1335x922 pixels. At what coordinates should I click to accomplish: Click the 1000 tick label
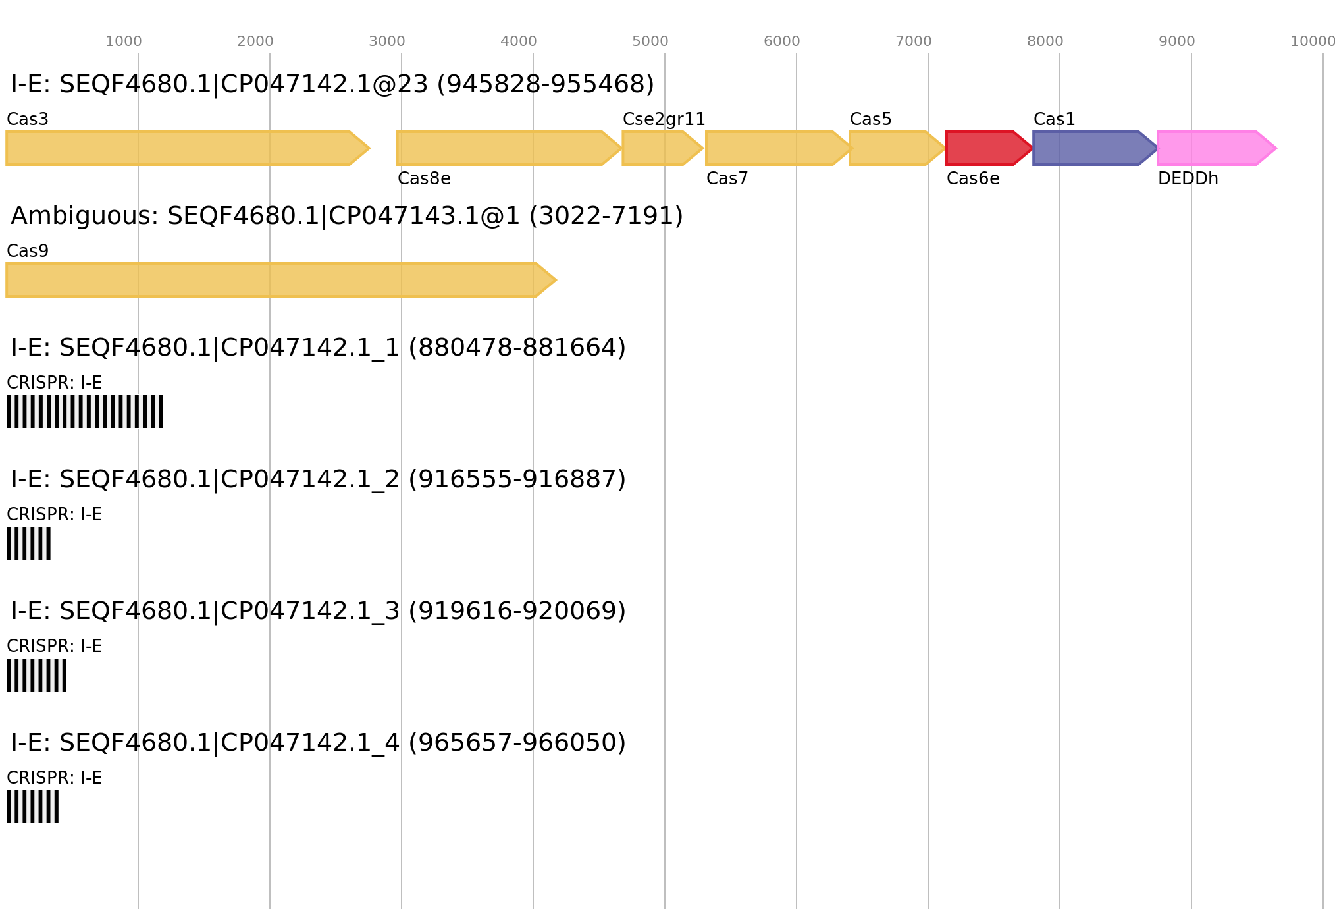pyautogui.click(x=123, y=41)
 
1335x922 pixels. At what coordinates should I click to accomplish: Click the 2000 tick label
pyautogui.click(x=255, y=41)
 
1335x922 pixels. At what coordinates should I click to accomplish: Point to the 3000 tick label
pyautogui.click(x=386, y=41)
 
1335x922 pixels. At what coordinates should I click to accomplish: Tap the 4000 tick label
pyautogui.click(x=518, y=41)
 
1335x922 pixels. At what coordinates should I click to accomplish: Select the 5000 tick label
pyautogui.click(x=650, y=41)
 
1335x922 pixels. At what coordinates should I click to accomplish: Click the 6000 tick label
pyautogui.click(x=781, y=41)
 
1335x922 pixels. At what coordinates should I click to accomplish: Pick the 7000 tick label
pyautogui.click(x=913, y=41)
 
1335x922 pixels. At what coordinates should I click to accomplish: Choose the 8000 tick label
pyautogui.click(x=1045, y=41)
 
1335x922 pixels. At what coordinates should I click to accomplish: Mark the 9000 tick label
pyautogui.click(x=1176, y=41)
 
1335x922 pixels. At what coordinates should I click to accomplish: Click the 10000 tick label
pyautogui.click(x=1312, y=41)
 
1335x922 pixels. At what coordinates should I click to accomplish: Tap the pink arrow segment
pyautogui.click(x=1211, y=148)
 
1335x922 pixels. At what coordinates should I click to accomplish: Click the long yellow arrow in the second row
pyautogui.click(x=276, y=280)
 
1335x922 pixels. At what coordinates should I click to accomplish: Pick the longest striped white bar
pyautogui.click(x=85, y=412)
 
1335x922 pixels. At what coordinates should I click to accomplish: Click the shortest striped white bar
pyautogui.click(x=28, y=543)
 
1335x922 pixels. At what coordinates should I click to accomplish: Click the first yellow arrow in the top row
pyautogui.click(x=184, y=148)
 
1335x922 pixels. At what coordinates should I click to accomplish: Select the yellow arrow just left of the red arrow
pyautogui.click(x=892, y=148)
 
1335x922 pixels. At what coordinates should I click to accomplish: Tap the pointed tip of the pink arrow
pyautogui.click(x=1275, y=148)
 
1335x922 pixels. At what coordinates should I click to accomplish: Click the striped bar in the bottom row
pyautogui.click(x=32, y=807)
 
